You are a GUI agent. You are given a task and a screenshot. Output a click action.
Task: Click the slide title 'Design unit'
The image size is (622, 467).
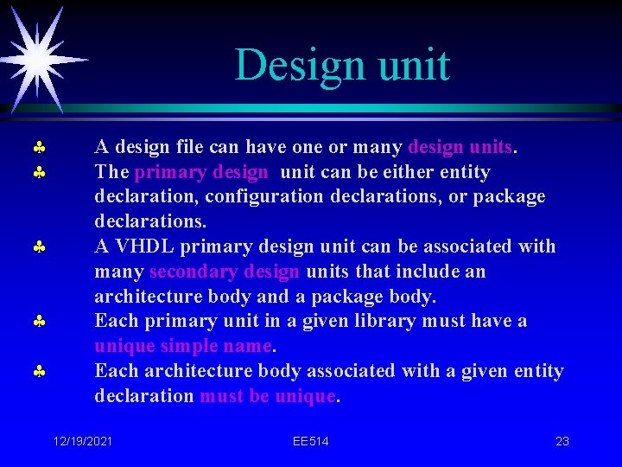tap(342, 66)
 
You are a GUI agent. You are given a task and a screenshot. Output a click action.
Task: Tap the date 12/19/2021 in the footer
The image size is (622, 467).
tap(82, 441)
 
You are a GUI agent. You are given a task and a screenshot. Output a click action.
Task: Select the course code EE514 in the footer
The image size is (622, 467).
tap(310, 441)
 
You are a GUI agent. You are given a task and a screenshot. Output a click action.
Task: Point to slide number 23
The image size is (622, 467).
tap(562, 441)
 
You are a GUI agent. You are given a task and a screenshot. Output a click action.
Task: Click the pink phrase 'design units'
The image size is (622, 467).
tap(461, 147)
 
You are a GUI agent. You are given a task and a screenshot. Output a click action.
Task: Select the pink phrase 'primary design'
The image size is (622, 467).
tap(201, 172)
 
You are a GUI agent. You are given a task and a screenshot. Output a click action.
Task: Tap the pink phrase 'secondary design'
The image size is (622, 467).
tap(225, 272)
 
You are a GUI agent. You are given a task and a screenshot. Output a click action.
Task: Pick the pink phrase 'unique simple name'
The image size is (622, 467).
tap(183, 346)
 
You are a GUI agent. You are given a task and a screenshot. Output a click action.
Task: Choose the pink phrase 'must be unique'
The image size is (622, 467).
tap(267, 396)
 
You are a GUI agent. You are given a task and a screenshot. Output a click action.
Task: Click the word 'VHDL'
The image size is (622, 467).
tap(142, 246)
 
